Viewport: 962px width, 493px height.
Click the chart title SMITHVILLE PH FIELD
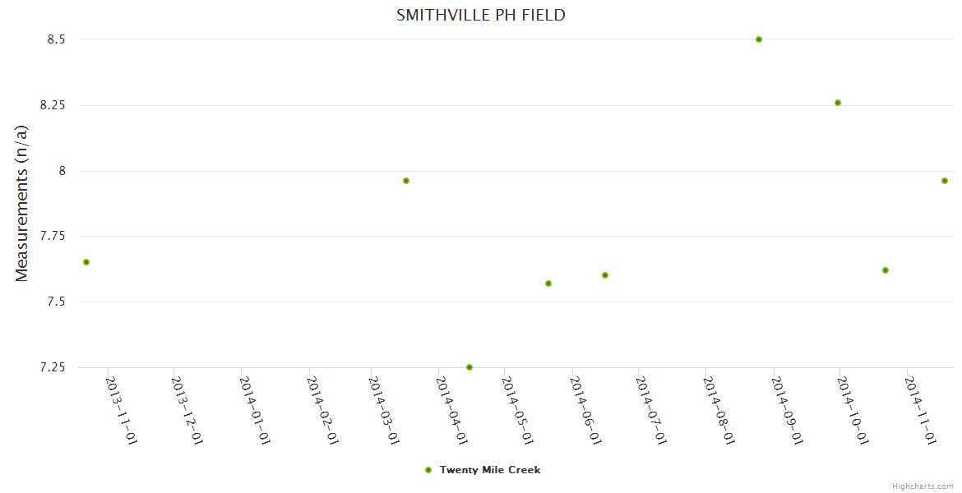pyautogui.click(x=481, y=15)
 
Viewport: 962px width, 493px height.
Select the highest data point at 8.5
pyautogui.click(x=759, y=39)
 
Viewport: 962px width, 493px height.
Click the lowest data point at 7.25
pyautogui.click(x=469, y=367)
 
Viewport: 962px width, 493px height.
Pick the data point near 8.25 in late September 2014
pyautogui.click(x=838, y=103)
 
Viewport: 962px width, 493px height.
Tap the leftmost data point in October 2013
pyautogui.click(x=86, y=262)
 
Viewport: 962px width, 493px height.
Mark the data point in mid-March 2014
pyautogui.click(x=406, y=181)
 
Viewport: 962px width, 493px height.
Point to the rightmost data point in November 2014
pyautogui.click(x=945, y=181)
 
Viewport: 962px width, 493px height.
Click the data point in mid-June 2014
pyautogui.click(x=605, y=275)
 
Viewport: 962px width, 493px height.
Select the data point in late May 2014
pyautogui.click(x=548, y=283)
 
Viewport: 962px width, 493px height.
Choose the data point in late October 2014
pyautogui.click(x=886, y=270)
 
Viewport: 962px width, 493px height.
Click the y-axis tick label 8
pyautogui.click(x=61, y=171)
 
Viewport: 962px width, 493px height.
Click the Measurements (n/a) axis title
pyautogui.click(x=22, y=203)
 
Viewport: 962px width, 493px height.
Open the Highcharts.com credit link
pyautogui.click(x=923, y=486)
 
